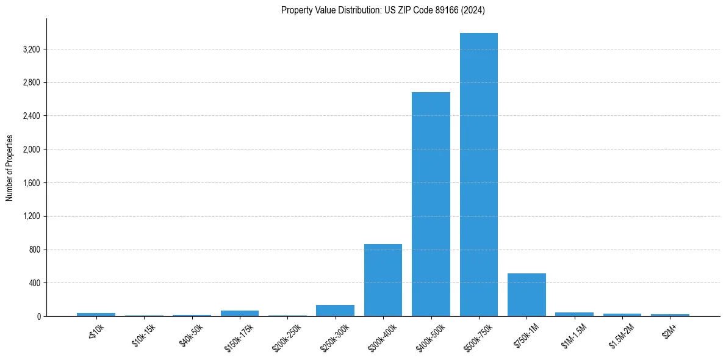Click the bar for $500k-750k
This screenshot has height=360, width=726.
pos(478,175)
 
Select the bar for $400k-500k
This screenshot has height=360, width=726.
pos(431,204)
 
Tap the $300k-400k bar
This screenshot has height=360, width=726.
pos(383,280)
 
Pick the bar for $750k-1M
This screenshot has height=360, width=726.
pos(527,295)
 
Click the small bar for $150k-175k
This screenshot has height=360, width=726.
pos(240,313)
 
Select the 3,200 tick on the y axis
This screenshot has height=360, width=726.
pos(31,49)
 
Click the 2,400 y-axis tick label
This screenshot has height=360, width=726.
pos(31,116)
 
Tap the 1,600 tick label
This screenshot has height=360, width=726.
pos(31,183)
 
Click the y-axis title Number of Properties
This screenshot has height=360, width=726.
pos(10,168)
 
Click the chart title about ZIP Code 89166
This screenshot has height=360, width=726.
pos(383,10)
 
